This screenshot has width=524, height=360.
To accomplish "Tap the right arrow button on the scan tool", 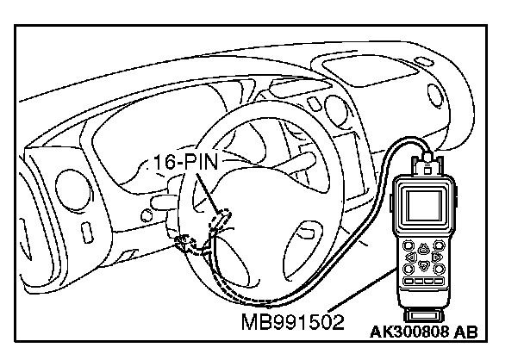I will [439, 257].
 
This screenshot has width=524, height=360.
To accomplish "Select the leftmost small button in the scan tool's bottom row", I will [408, 282].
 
